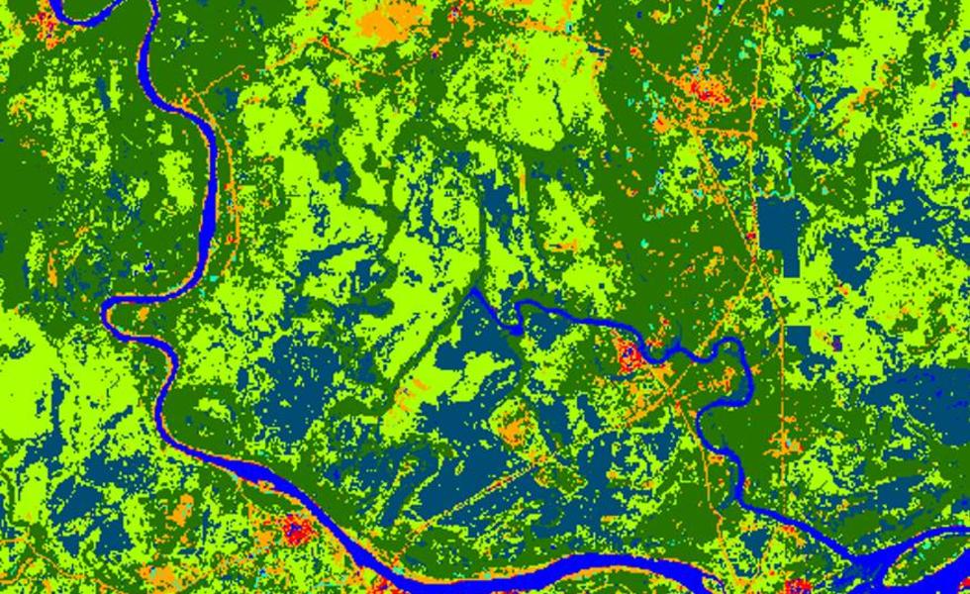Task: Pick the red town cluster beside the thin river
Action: tap(629, 356)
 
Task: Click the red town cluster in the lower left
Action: tap(296, 530)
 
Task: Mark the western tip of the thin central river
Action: tap(474, 290)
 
